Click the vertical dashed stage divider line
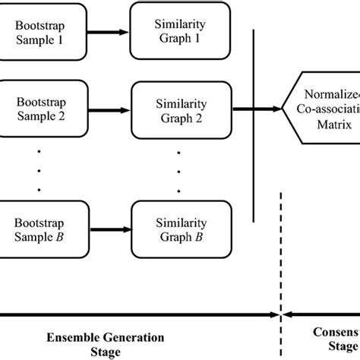pyautogui.click(x=282, y=251)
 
